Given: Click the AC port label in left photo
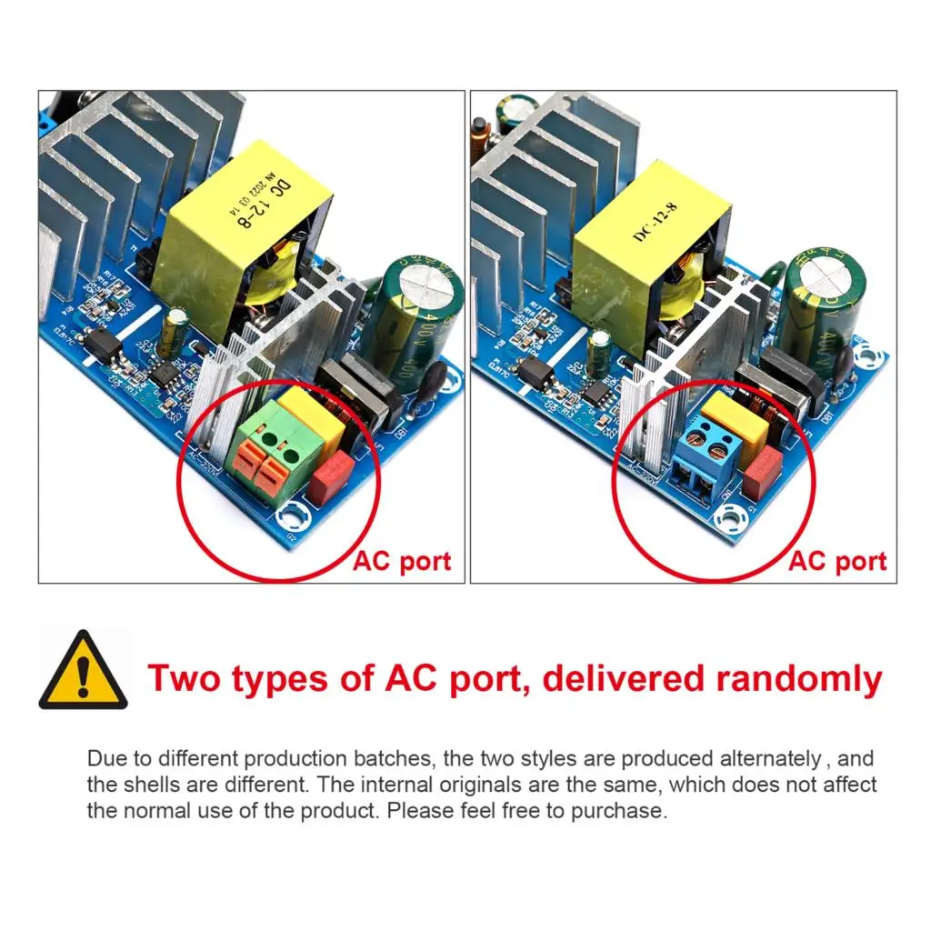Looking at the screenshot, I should coord(401,561).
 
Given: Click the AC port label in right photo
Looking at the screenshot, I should coord(837,561).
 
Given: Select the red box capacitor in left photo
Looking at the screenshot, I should coord(331,476).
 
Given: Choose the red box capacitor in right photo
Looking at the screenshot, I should coord(763,472).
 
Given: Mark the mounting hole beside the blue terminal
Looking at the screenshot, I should coord(729,519).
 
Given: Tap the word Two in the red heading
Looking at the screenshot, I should coord(190,679).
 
